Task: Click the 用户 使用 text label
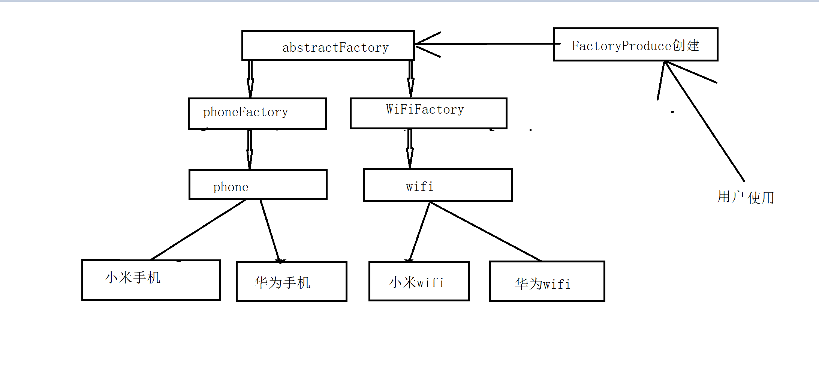[x=746, y=197]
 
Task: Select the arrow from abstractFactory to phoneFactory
[x=250, y=79]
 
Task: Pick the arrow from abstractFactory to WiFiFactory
[x=411, y=79]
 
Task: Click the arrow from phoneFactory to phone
[x=250, y=150]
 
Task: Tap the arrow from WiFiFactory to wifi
[x=410, y=149]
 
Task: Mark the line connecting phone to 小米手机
[x=199, y=229]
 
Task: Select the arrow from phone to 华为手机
[x=270, y=231]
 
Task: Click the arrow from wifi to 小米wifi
[x=419, y=232]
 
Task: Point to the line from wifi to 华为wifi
[x=486, y=231]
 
